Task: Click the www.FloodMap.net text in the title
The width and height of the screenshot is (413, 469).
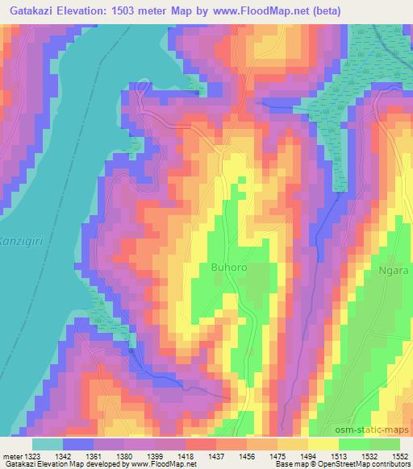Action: coord(248,10)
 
